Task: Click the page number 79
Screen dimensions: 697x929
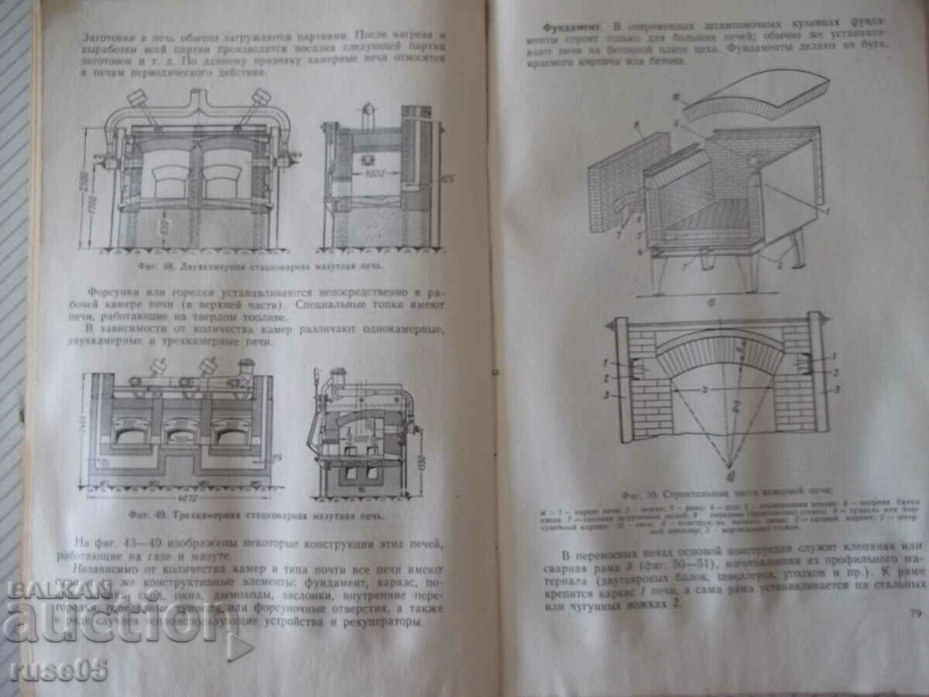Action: pos(910,615)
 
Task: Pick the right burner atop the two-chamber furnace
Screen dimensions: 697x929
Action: pos(259,98)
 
